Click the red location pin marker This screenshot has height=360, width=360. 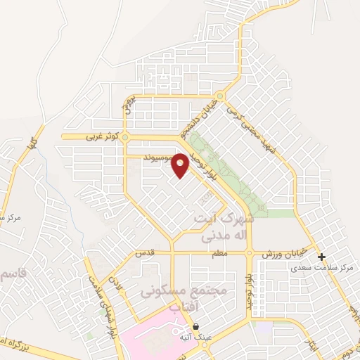click(x=181, y=166)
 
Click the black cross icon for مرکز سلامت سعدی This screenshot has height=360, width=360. click(x=321, y=257)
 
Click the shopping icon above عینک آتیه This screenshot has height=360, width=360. click(x=195, y=327)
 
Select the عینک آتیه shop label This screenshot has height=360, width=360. click(x=193, y=337)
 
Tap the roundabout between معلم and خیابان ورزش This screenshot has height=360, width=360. click(x=250, y=254)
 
